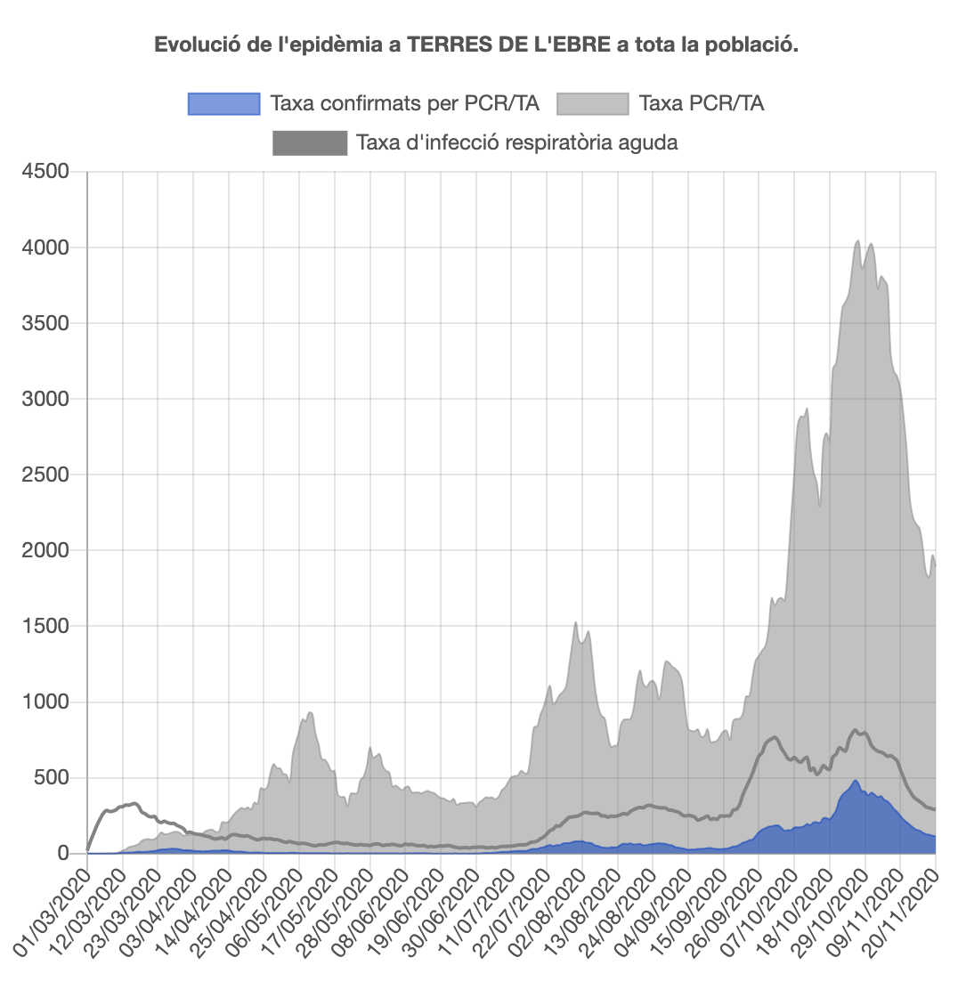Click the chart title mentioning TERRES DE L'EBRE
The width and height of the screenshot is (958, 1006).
click(476, 45)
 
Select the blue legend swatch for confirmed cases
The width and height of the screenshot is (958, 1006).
click(223, 104)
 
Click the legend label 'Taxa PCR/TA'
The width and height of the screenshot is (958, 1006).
click(701, 104)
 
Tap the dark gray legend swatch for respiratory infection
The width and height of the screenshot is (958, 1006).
click(310, 142)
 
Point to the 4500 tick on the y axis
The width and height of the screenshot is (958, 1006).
click(45, 171)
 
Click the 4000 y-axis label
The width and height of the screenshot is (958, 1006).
click(45, 247)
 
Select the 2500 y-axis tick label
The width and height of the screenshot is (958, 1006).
click(45, 475)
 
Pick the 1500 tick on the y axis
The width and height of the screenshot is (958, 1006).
click(45, 626)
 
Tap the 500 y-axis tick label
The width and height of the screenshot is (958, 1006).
click(50, 778)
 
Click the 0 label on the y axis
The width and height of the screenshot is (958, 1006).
click(62, 854)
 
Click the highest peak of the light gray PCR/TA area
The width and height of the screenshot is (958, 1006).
click(857, 240)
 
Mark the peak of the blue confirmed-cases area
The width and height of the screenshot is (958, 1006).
click(856, 781)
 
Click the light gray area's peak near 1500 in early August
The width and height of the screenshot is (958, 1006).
click(576, 622)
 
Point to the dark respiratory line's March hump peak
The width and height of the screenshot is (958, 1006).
click(134, 803)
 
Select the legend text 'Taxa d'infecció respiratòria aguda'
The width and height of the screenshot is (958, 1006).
click(516, 142)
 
